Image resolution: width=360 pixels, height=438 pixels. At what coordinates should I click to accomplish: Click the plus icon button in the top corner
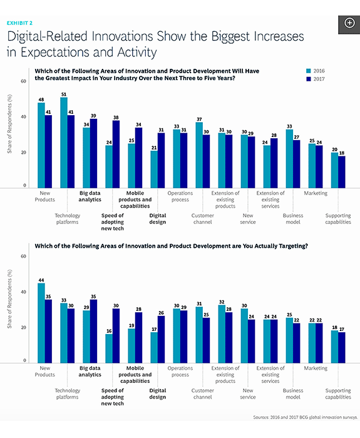pyautogui.click(x=349, y=23)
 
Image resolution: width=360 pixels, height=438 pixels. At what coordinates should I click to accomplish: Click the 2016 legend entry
pyautogui.click(x=316, y=71)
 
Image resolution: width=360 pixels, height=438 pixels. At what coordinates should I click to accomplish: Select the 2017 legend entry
pyautogui.click(x=316, y=79)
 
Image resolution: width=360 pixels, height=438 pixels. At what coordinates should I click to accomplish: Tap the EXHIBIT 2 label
pyautogui.click(x=19, y=23)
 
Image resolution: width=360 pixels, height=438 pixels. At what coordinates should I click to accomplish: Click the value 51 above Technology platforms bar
pyautogui.click(x=64, y=94)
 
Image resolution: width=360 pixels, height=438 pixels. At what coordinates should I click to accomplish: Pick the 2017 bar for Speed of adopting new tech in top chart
pyautogui.click(x=116, y=154)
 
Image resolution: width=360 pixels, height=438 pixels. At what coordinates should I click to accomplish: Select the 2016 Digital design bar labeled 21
pyautogui.click(x=154, y=170)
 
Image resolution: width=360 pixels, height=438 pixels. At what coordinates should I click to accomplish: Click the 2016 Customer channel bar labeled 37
pyautogui.click(x=199, y=155)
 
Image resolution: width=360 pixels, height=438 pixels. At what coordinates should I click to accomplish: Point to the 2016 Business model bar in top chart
pyautogui.click(x=289, y=159)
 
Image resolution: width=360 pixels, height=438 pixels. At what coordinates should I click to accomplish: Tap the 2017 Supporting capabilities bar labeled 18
pyautogui.click(x=342, y=172)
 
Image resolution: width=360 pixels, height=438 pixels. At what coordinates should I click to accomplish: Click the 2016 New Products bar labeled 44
pyautogui.click(x=41, y=323)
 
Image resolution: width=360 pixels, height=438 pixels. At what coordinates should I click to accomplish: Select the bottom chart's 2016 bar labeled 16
pyautogui.click(x=109, y=349)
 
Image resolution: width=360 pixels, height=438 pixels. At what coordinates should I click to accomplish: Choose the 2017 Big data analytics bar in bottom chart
pyautogui.click(x=94, y=331)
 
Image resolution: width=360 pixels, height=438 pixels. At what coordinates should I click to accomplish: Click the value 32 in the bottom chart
pyautogui.click(x=222, y=302)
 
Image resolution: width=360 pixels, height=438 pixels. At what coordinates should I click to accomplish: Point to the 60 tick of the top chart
pyautogui.click(x=23, y=81)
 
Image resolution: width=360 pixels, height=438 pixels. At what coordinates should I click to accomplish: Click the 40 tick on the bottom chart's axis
pyautogui.click(x=23, y=292)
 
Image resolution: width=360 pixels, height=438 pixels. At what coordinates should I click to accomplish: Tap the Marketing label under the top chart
pyautogui.click(x=316, y=193)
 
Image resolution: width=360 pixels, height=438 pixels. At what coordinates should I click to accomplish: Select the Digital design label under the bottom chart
pyautogui.click(x=158, y=394)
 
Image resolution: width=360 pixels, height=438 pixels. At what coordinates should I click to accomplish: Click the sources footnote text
pyautogui.click(x=306, y=417)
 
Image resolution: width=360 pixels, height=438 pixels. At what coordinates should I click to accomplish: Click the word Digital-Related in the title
pyautogui.click(x=48, y=36)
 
